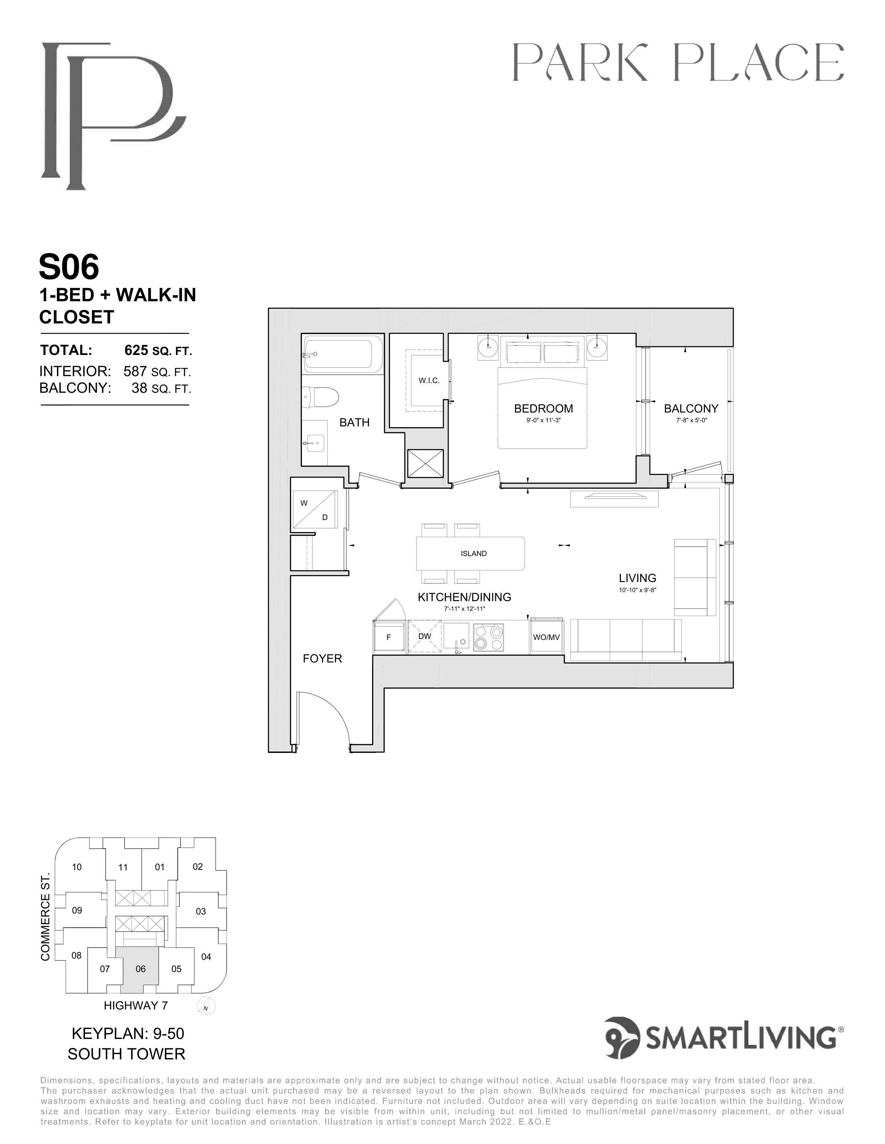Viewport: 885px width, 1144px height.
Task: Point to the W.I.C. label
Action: coord(429,380)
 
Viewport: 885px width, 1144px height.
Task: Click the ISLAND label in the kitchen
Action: coord(473,553)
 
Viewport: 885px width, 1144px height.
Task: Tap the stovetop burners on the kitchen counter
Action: coord(488,636)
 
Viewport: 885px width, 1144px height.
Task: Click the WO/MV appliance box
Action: coord(546,636)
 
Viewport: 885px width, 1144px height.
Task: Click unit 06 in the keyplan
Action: coord(141,969)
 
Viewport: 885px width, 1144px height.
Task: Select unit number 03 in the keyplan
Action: coord(201,911)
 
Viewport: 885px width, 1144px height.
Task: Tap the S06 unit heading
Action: coord(69,267)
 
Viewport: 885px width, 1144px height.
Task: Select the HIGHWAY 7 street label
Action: coord(136,1006)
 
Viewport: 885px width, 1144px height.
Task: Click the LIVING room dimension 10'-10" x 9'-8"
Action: coord(638,590)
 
